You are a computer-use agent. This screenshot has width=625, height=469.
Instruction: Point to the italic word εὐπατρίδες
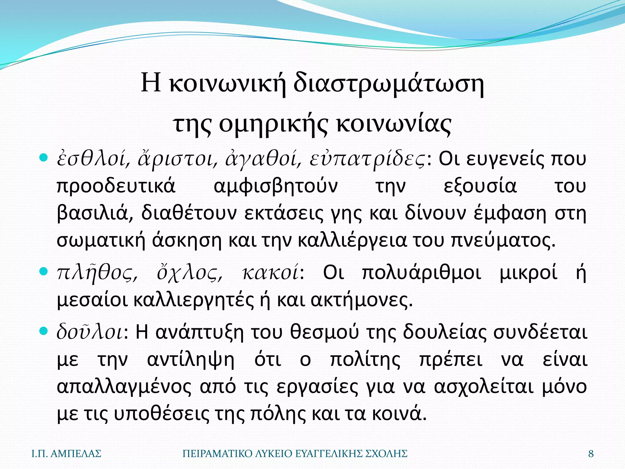click(367, 159)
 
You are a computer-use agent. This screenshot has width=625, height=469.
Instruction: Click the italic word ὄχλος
click(190, 273)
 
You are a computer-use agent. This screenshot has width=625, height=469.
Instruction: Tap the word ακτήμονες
click(362, 300)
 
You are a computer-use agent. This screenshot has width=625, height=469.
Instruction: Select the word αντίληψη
click(191, 359)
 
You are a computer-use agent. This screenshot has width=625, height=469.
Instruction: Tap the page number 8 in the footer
click(591, 454)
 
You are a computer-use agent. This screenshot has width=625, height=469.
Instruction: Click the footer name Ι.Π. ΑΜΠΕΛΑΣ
click(67, 454)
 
